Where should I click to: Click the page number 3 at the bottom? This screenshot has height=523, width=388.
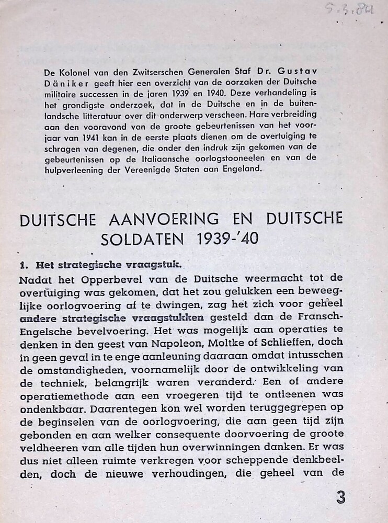340,497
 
